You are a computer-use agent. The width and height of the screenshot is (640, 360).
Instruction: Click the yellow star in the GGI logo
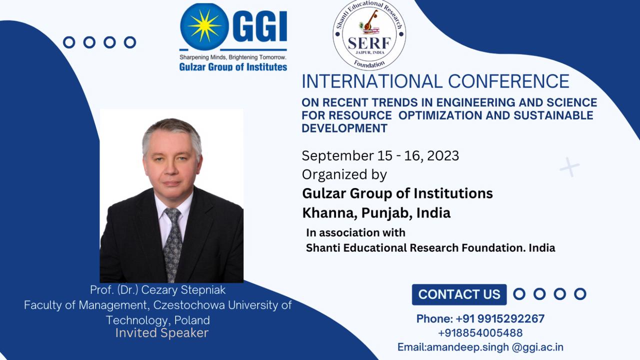click(x=204, y=25)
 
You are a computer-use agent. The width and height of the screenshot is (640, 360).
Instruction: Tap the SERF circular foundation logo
click(x=369, y=34)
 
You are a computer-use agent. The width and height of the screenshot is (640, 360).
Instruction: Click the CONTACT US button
click(x=459, y=294)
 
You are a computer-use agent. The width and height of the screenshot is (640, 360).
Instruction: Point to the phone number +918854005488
click(x=480, y=333)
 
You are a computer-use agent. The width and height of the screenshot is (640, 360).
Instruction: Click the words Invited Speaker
click(x=162, y=333)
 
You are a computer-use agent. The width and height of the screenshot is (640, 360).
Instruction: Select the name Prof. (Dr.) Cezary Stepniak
click(x=157, y=290)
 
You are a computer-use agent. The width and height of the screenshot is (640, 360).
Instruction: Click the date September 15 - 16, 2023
click(x=380, y=155)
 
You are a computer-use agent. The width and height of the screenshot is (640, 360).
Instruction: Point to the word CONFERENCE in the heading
click(x=508, y=81)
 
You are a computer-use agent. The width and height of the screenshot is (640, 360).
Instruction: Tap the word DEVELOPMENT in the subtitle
click(x=344, y=128)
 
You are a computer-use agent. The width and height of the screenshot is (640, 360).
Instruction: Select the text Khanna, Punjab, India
click(x=376, y=213)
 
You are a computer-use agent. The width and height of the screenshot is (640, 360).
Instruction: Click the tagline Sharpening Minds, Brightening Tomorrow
click(x=233, y=57)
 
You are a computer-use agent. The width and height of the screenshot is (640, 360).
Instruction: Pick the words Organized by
click(x=344, y=174)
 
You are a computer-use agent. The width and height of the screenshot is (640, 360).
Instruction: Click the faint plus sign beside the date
click(x=569, y=166)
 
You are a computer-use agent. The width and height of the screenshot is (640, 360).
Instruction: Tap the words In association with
click(x=355, y=232)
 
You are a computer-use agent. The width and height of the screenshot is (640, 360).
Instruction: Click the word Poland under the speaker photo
click(x=192, y=320)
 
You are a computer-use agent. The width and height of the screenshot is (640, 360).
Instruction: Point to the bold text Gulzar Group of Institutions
click(x=397, y=193)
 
